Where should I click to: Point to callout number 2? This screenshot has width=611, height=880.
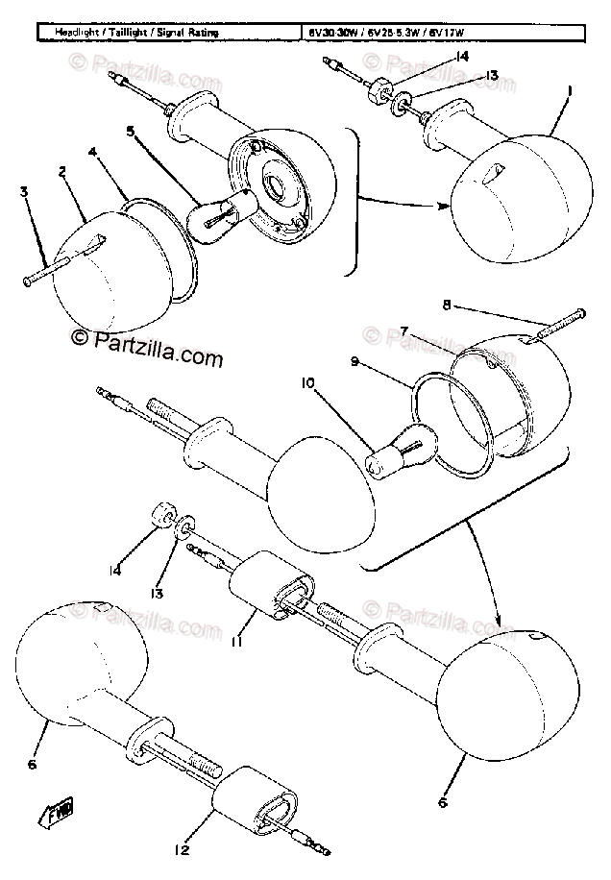(x=62, y=172)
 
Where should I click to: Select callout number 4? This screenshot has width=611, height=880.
(x=92, y=152)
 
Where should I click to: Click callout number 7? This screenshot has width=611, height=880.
(x=433, y=330)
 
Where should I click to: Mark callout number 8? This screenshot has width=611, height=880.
(x=446, y=306)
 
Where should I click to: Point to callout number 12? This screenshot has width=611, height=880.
(x=183, y=848)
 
